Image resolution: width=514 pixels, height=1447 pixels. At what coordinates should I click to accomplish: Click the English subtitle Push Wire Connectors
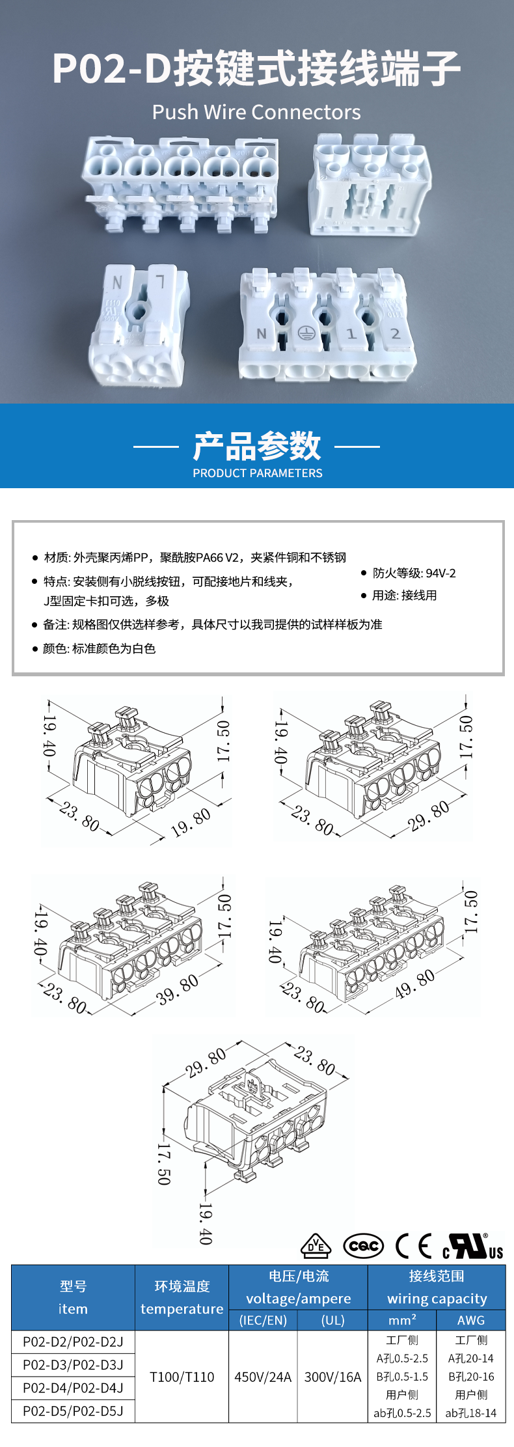[256, 113]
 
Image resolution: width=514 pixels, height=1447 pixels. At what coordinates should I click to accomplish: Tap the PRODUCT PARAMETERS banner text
[257, 473]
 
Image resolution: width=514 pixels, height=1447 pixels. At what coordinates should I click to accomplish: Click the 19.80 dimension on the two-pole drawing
[191, 822]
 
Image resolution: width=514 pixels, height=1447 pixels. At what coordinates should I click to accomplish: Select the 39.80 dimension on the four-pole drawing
[178, 989]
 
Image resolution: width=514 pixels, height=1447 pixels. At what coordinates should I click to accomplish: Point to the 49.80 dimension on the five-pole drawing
[414, 984]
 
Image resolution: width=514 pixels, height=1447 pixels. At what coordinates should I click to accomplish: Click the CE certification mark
[414, 1246]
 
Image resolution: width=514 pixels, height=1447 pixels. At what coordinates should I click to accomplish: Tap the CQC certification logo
[363, 1246]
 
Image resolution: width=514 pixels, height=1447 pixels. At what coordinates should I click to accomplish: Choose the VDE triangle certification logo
[316, 1246]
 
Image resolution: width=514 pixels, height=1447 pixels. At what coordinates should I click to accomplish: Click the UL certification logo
[473, 1246]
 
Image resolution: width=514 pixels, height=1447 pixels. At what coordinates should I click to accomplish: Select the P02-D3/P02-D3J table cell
[73, 1364]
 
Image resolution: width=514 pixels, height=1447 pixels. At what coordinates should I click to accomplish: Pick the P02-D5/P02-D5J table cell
[73, 1411]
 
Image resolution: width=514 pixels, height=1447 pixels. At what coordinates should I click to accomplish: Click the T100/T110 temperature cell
[182, 1377]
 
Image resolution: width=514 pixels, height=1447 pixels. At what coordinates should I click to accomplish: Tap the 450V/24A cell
[263, 1377]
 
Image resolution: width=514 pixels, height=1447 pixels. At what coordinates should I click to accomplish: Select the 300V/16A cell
[332, 1377]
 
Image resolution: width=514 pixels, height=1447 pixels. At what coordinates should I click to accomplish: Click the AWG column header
[471, 1320]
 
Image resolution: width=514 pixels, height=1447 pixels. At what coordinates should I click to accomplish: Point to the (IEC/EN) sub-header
[263, 1320]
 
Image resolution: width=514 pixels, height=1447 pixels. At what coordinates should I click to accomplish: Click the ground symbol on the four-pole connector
[306, 333]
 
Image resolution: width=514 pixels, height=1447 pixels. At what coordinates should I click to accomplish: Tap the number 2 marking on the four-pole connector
[395, 333]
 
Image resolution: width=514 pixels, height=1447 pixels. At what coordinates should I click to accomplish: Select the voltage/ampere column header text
[298, 1299]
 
